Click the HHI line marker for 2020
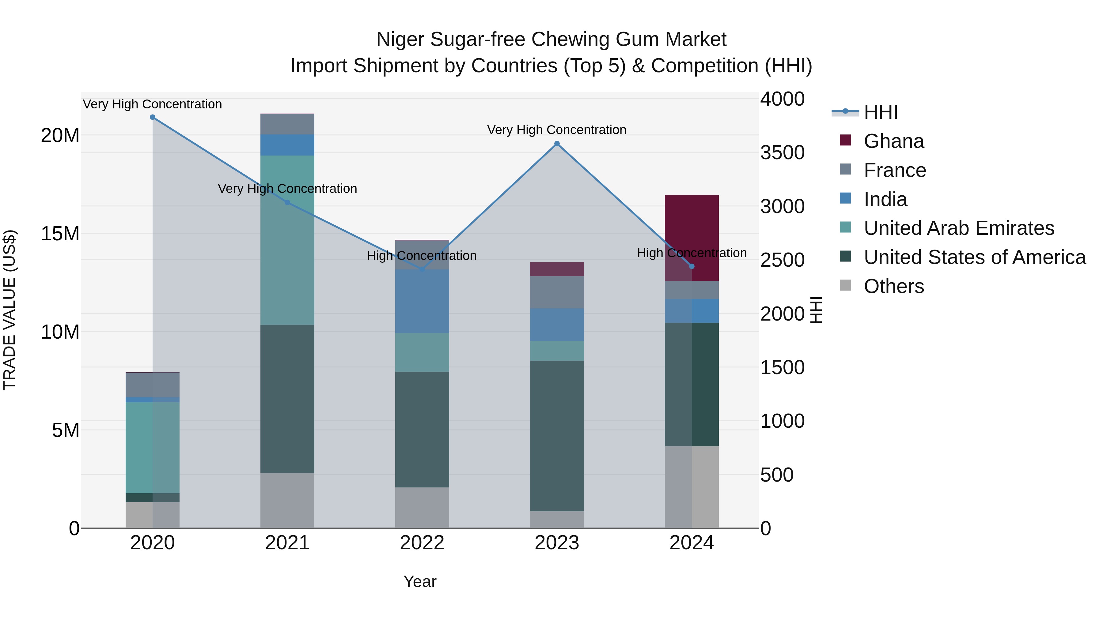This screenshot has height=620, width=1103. (153, 117)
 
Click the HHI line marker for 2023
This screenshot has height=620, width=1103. (557, 144)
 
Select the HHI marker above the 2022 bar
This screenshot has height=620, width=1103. (422, 269)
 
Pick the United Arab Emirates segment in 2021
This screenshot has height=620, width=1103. (287, 240)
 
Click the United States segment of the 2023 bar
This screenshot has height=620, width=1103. (557, 436)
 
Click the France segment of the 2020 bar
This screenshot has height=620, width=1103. (153, 385)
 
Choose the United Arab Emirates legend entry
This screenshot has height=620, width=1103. (958, 228)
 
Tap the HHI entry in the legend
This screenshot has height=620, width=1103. (880, 112)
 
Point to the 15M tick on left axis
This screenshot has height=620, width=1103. (60, 234)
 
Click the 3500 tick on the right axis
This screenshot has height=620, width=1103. (782, 153)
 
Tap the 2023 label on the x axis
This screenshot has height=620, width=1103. (557, 543)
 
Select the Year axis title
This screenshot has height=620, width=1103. (420, 581)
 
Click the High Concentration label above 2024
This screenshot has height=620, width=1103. (692, 253)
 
